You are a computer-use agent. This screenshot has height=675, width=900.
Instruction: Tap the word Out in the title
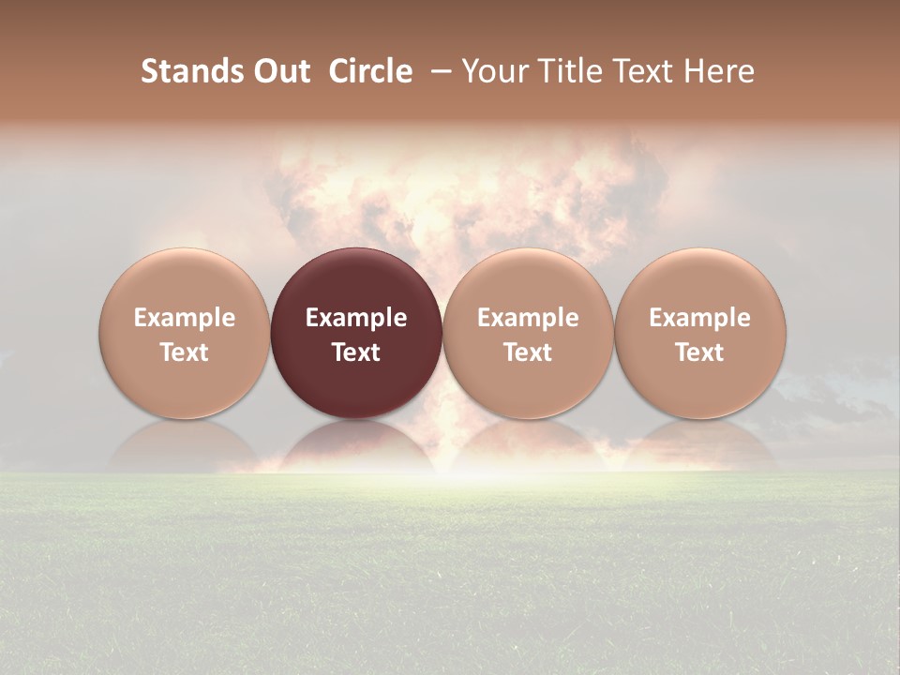click(280, 71)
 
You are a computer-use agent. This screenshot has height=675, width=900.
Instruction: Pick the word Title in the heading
click(570, 71)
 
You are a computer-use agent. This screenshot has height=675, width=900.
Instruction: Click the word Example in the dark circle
click(356, 318)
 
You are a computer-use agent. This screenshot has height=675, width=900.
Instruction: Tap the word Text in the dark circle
click(356, 352)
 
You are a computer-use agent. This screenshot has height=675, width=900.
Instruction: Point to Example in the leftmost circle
click(185, 318)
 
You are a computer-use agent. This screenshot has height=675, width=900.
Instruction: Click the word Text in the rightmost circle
click(700, 352)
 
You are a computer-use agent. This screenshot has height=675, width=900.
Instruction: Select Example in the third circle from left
click(528, 318)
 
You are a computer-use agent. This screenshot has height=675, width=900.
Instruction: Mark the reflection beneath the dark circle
click(356, 445)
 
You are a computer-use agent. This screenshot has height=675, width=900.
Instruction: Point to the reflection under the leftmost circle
click(185, 445)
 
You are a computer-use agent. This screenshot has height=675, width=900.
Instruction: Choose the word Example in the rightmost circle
click(700, 318)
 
